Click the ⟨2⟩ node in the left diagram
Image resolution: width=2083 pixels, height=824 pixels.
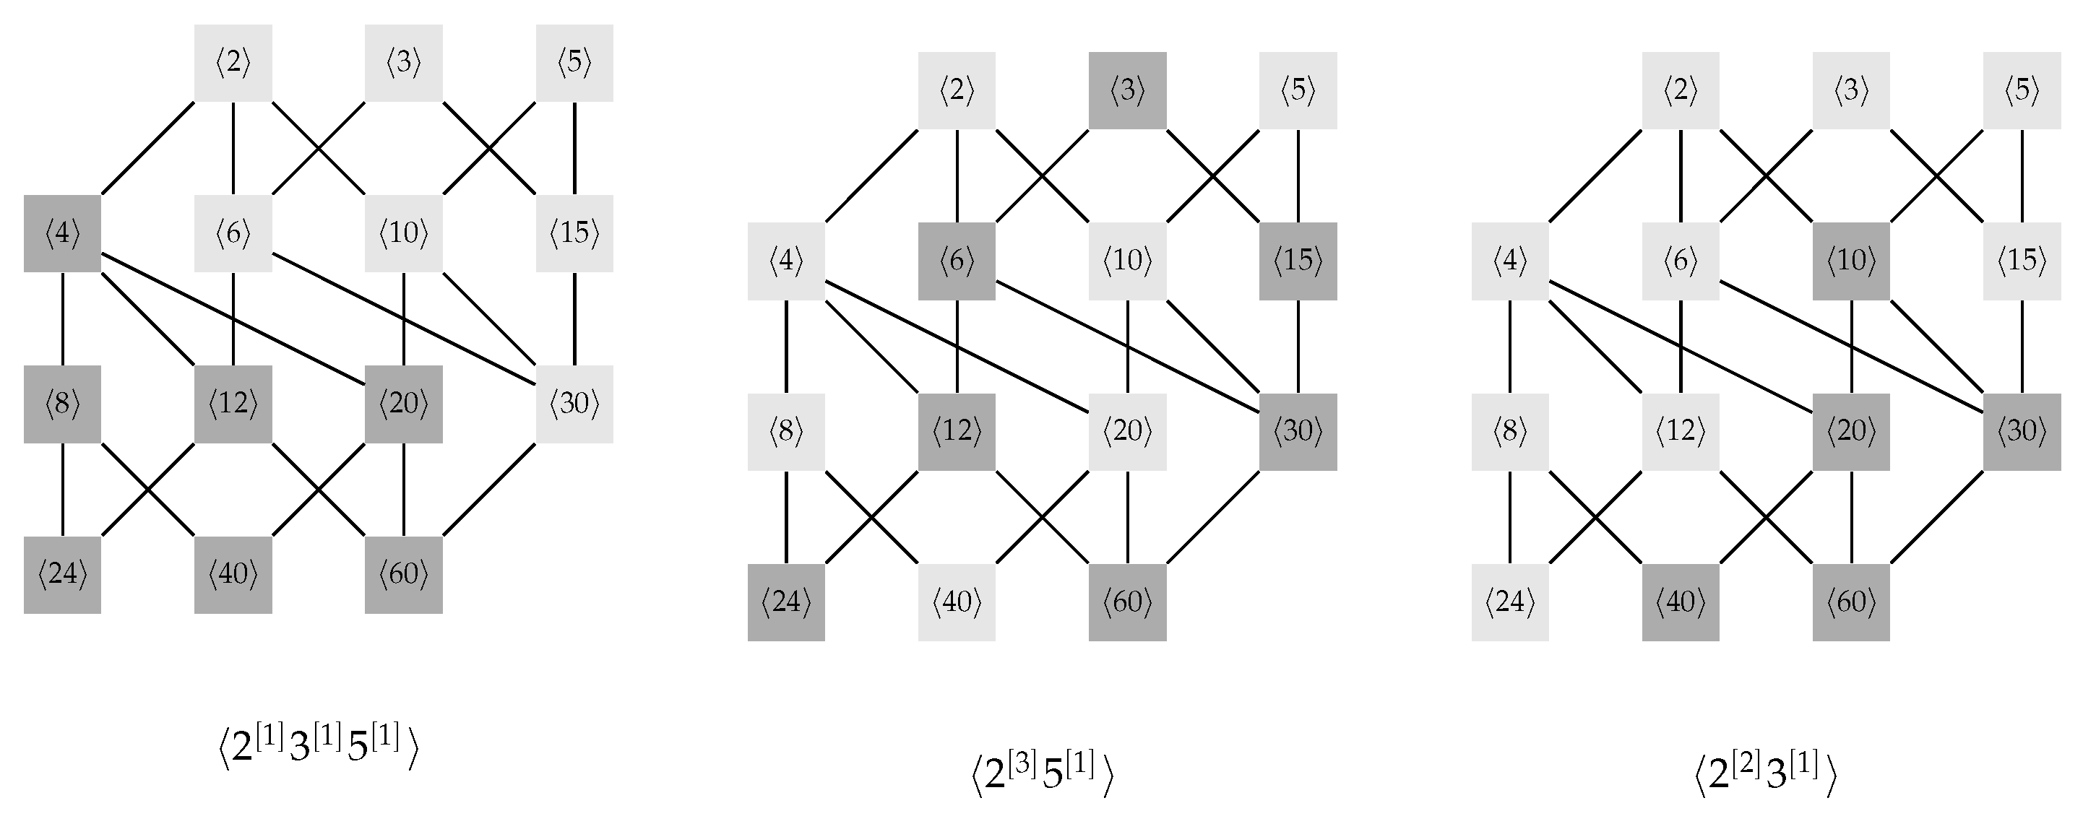233,63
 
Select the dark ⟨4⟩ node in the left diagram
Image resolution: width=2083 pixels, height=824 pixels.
62,234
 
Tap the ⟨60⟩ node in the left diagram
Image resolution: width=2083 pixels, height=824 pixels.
403,574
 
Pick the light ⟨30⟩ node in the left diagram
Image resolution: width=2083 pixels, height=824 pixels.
574,404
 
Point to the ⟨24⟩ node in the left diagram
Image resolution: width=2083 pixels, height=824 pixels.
62,574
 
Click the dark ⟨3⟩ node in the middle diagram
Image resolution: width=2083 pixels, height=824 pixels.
1127,90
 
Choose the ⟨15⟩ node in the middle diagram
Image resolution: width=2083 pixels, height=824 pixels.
1298,261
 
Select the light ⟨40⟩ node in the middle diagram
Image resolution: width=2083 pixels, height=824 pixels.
957,602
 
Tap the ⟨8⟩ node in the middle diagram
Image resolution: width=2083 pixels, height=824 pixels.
786,432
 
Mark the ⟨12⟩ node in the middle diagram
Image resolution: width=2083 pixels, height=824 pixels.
957,432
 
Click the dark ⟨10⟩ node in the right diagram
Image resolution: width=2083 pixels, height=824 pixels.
1851,261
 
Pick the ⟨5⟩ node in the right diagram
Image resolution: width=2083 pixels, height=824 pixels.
2022,90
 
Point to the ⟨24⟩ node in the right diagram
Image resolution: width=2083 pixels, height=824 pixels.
1510,602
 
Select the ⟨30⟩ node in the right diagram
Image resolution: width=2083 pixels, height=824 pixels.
2022,432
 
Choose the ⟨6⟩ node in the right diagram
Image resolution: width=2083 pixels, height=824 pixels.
1681,261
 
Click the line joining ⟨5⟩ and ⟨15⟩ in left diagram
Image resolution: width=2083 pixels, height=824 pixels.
575,148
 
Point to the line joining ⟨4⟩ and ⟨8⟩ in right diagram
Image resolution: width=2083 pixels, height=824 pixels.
1510,346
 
